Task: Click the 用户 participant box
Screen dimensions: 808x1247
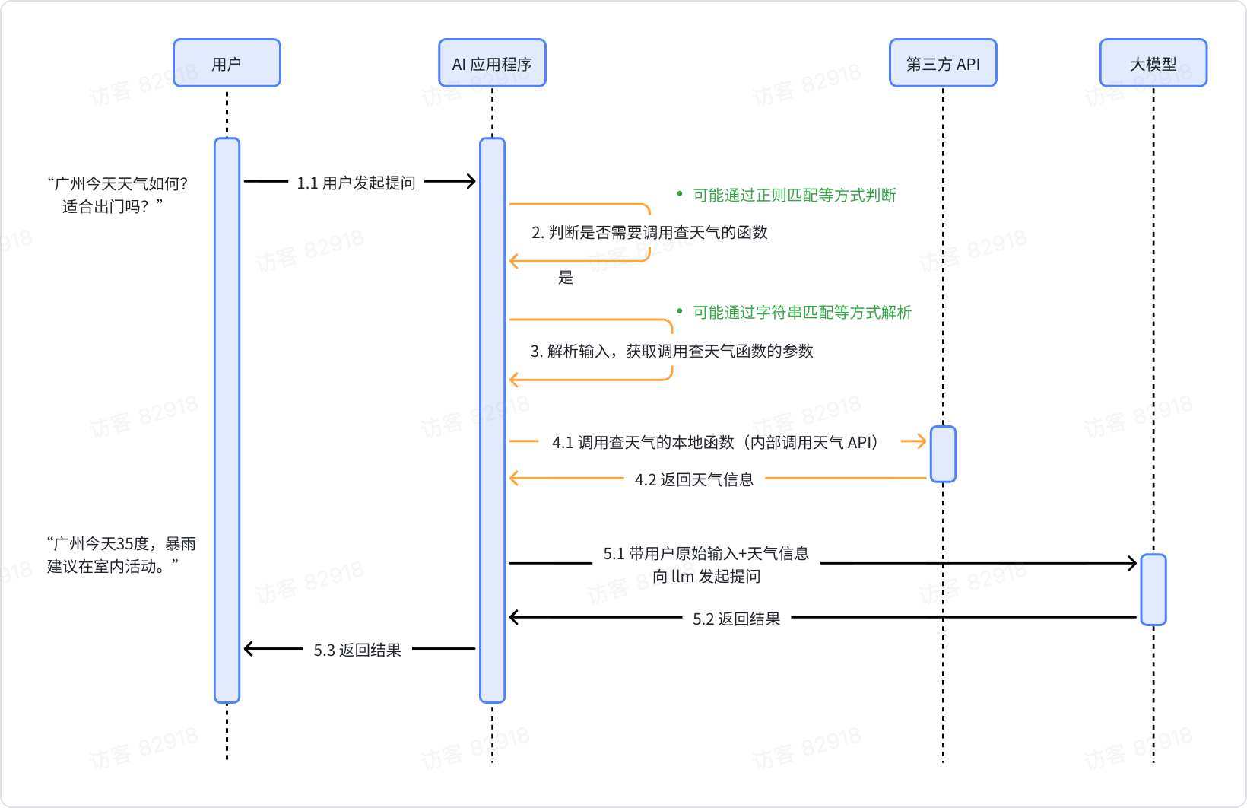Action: [x=227, y=63]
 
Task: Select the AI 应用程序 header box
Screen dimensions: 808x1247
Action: [x=492, y=63]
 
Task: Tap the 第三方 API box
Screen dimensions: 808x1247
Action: [x=943, y=63]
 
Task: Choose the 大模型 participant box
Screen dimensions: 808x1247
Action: [x=1153, y=63]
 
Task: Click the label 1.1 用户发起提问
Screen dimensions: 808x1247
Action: [x=356, y=183]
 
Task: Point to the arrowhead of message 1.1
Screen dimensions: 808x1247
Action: [x=471, y=181]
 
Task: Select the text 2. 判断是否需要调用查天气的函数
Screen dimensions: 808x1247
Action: [x=649, y=233]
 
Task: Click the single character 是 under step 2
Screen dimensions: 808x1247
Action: [x=566, y=278]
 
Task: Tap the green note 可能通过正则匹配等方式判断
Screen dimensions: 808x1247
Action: [x=794, y=196]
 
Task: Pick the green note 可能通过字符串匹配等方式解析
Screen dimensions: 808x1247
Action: [x=801, y=313]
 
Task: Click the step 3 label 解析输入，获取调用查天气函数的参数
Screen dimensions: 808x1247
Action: [x=672, y=351]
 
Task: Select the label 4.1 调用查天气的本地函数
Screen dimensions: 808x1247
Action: [x=715, y=442]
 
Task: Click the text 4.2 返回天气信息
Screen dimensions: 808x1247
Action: [x=694, y=479]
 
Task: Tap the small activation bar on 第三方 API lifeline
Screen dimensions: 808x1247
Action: [x=943, y=454]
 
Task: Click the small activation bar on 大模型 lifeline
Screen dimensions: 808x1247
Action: [x=1153, y=590]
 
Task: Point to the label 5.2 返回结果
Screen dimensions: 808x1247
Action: [x=736, y=619]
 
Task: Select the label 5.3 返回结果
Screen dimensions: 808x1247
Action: [x=357, y=650]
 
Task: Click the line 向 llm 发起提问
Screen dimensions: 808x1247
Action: [x=706, y=576]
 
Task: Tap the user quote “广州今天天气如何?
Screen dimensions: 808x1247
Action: [x=118, y=183]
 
